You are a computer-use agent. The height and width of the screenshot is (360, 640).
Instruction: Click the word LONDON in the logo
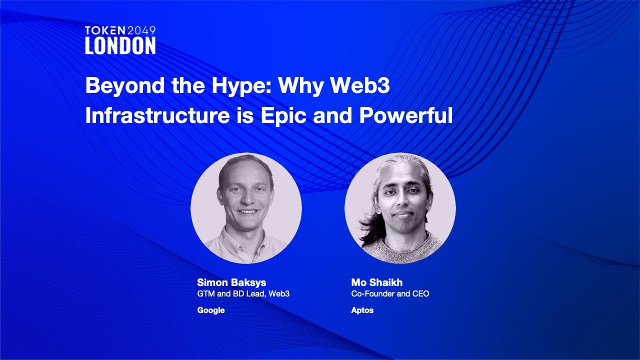pos(120,46)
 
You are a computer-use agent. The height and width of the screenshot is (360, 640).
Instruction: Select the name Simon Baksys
pos(231,282)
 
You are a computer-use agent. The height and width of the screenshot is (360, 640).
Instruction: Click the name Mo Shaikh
pos(377,282)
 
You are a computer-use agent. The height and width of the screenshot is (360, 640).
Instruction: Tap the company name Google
pos(211,310)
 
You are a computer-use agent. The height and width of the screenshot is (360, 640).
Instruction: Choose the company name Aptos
pos(362,310)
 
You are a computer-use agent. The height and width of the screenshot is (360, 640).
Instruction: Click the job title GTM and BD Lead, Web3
pos(243,293)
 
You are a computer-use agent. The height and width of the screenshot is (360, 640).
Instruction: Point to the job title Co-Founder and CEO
pos(390,293)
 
